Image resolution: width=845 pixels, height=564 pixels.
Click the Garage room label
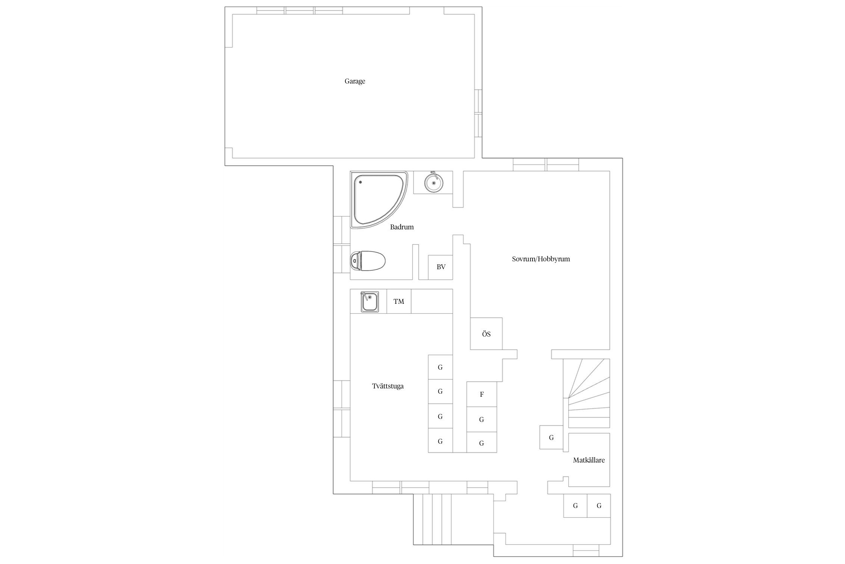click(355, 81)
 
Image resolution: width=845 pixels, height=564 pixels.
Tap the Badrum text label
click(401, 227)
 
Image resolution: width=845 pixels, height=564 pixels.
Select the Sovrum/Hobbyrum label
click(541, 259)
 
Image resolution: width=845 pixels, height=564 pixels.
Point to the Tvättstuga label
click(388, 386)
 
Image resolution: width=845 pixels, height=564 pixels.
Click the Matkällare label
click(588, 460)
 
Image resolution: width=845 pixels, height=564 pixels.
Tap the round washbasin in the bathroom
click(434, 182)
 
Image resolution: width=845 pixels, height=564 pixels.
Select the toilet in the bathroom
click(368, 260)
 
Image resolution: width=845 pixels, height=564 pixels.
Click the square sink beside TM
click(370, 302)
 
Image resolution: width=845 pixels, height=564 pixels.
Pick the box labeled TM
click(399, 301)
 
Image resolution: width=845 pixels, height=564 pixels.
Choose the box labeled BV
click(441, 267)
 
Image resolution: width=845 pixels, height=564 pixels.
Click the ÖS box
click(486, 334)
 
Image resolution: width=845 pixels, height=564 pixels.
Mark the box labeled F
click(482, 394)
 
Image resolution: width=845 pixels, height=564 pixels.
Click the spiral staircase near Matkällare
click(589, 393)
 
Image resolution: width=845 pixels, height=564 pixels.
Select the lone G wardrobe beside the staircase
click(552, 437)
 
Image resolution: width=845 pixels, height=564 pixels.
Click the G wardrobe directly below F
click(482, 419)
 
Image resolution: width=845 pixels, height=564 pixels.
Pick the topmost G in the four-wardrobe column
click(441, 367)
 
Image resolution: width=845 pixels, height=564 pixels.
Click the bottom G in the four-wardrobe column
click(441, 441)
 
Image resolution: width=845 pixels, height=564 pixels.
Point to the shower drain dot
click(360, 182)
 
